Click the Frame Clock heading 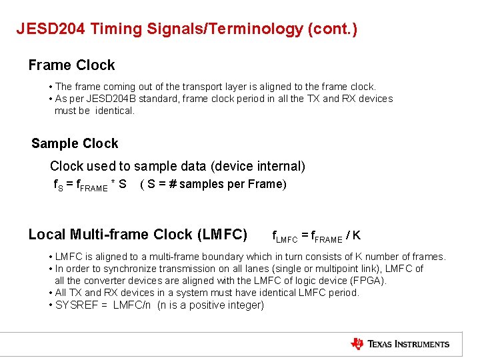(x=71, y=65)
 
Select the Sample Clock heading (x=75, y=143)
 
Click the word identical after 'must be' (x=114, y=111)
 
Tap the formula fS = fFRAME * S (x=90, y=185)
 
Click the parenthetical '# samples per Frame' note (x=213, y=184)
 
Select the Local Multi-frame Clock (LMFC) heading (x=138, y=235)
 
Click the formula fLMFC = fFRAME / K (x=316, y=235)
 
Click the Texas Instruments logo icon (x=357, y=344)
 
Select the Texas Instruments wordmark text (x=409, y=344)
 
